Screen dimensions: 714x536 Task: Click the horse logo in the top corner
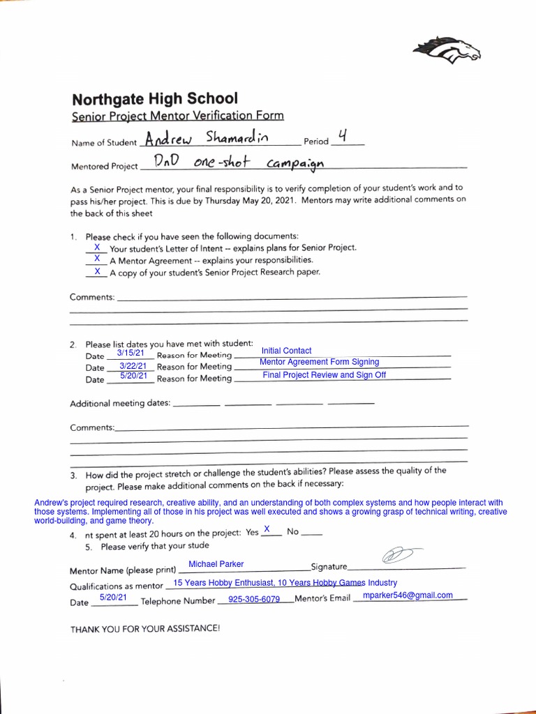click(447, 50)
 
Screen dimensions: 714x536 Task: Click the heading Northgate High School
click(155, 99)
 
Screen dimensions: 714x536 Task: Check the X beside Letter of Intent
click(97, 248)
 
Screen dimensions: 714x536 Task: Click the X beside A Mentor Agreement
click(97, 259)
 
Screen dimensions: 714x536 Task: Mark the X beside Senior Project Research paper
click(97, 271)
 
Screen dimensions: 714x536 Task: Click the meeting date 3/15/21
click(131, 354)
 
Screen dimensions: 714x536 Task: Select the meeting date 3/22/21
click(133, 365)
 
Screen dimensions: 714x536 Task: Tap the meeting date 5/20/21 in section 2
click(133, 376)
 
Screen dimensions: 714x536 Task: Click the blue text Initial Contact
click(286, 351)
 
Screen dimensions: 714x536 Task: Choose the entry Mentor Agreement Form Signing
click(319, 362)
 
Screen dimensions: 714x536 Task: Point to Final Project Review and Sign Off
click(324, 375)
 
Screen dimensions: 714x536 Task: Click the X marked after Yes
click(267, 530)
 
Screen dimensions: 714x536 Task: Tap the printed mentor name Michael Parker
click(216, 564)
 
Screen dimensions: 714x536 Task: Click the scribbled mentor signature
click(396, 556)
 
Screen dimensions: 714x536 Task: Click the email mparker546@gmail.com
click(408, 595)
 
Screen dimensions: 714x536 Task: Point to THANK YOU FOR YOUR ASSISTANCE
click(145, 628)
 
